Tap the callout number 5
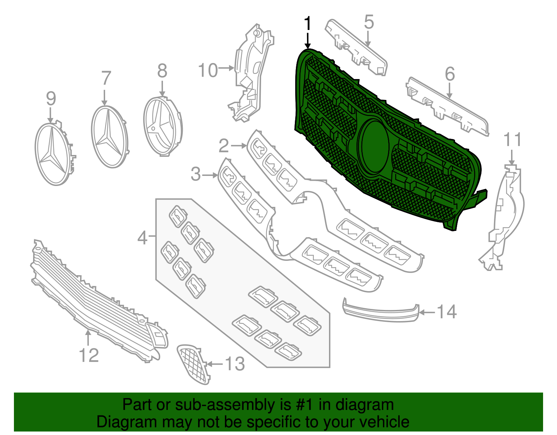click(x=369, y=22)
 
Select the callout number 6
click(x=450, y=74)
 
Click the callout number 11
click(x=512, y=140)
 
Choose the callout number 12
click(x=89, y=355)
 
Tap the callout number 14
click(x=446, y=312)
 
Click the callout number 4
click(x=142, y=238)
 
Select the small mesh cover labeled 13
click(x=193, y=364)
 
